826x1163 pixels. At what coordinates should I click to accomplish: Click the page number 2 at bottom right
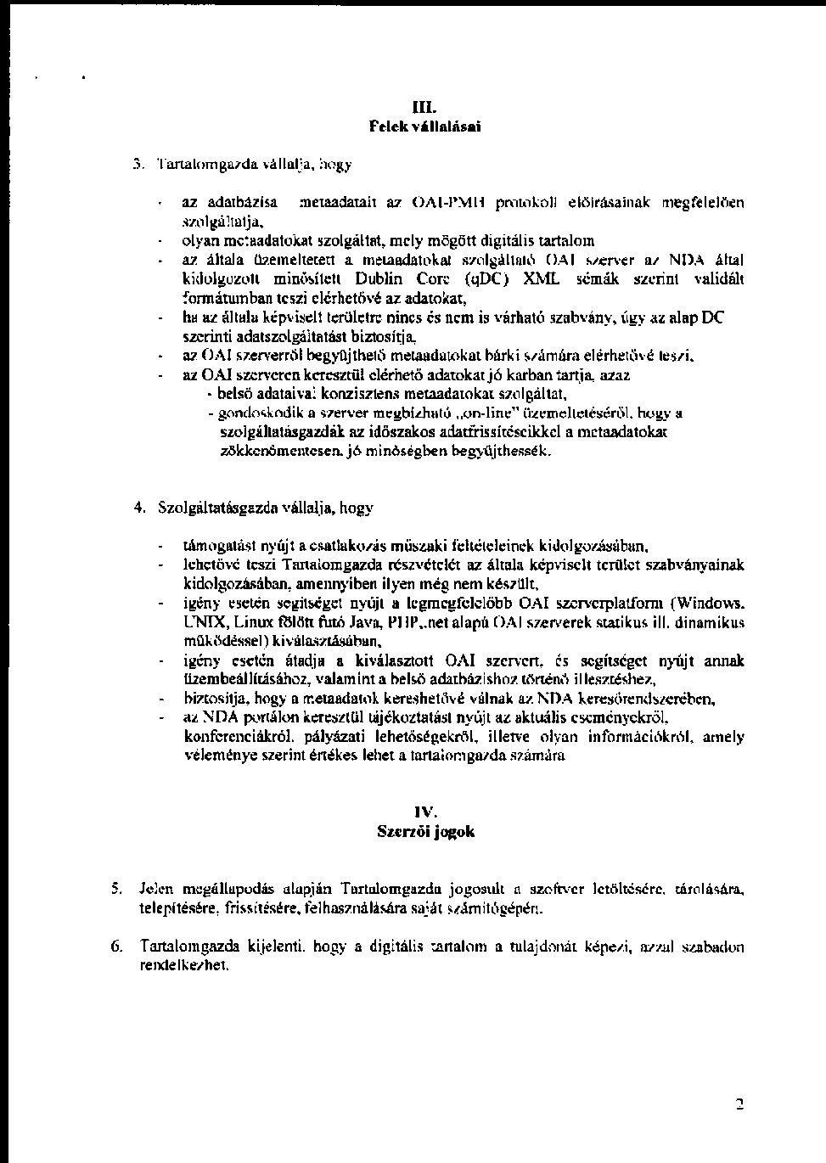click(739, 1104)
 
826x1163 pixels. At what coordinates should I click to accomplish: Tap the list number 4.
click(139, 508)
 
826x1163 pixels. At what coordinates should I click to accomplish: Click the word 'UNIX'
click(200, 622)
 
